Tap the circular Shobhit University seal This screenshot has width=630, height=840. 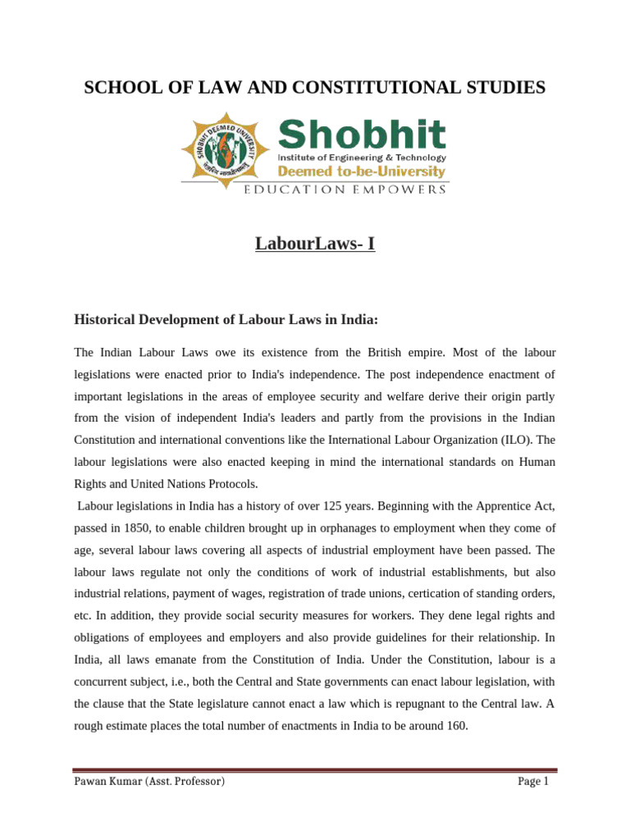pyautogui.click(x=229, y=148)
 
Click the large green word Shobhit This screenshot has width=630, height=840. pyautogui.click(x=362, y=135)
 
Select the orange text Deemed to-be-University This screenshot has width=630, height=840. pyautogui.click(x=362, y=171)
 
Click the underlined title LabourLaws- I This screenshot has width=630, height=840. pyautogui.click(x=315, y=243)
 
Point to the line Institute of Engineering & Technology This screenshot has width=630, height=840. pyautogui.click(x=362, y=157)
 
